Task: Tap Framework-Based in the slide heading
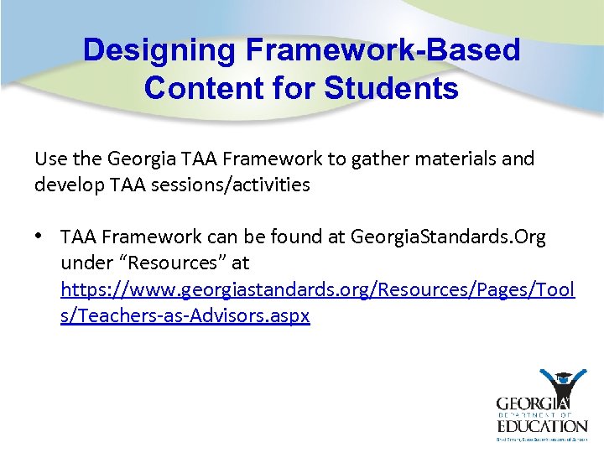click(x=382, y=50)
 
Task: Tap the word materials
click(x=452, y=159)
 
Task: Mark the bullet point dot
click(x=39, y=237)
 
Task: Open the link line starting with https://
click(x=317, y=289)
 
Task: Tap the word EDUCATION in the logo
click(x=541, y=425)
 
